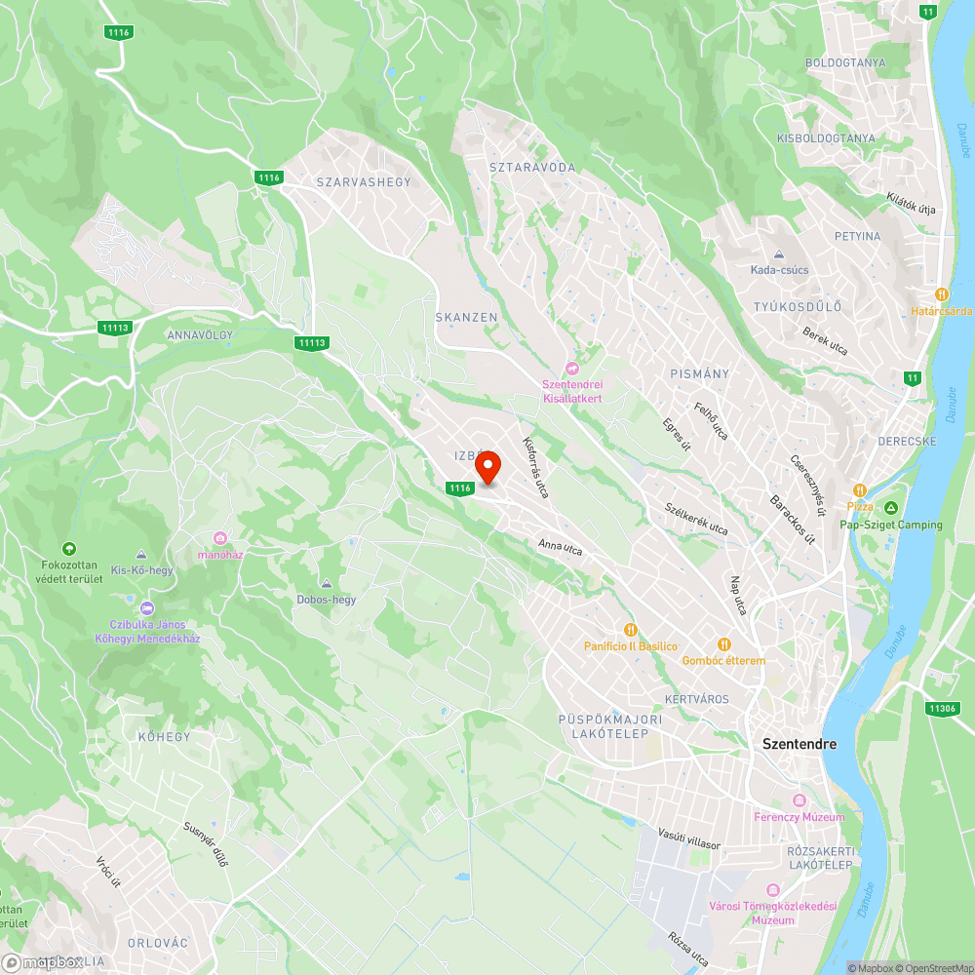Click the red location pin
487,467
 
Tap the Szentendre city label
799,744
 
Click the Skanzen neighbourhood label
466,318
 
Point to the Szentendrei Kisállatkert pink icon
572,367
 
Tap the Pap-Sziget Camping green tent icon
891,508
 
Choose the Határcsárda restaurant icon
942,293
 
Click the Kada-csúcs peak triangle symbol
779,253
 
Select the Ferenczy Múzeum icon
799,800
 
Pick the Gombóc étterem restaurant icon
723,643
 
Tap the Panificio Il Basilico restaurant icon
631,630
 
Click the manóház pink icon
220,538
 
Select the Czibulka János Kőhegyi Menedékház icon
147,608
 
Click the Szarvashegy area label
364,182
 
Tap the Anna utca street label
560,549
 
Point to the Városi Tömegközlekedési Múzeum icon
773,891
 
